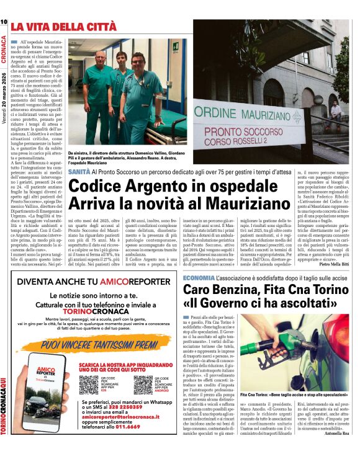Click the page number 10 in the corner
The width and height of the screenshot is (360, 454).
coord(4,22)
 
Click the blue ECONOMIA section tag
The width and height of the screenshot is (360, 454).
coord(199,278)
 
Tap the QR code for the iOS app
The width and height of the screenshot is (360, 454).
coord(88,385)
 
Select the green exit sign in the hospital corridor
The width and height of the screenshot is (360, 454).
coord(176,47)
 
